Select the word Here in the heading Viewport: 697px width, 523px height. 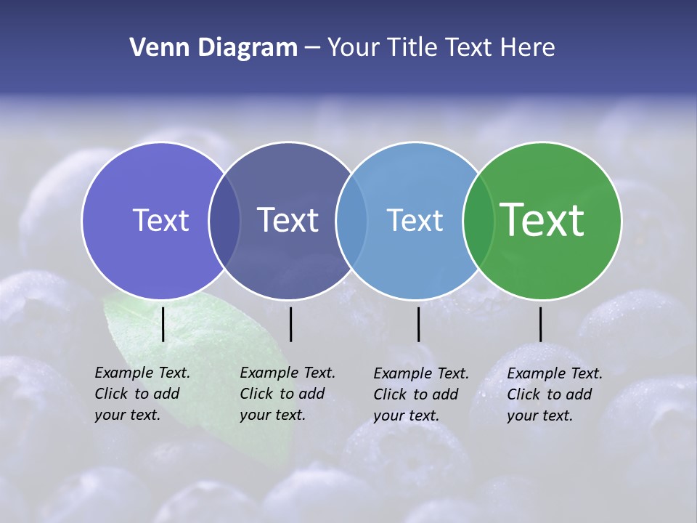pos(528,48)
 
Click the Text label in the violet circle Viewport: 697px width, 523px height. pos(160,220)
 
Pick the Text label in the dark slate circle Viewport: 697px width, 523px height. pos(288,220)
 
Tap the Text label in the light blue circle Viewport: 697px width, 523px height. pos(415,220)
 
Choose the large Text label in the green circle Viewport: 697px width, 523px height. pos(542,220)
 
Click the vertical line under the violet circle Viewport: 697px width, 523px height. pos(163,324)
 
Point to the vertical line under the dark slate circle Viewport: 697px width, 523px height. pos(290,324)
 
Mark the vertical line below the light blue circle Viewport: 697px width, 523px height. pos(418,324)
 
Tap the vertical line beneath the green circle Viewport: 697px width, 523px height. pos(540,324)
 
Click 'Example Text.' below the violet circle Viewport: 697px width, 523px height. pos(142,373)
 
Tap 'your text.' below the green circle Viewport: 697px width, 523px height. pos(539,415)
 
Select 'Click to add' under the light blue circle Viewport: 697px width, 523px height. pos(416,394)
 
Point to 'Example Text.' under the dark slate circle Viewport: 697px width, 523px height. pos(288,373)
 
